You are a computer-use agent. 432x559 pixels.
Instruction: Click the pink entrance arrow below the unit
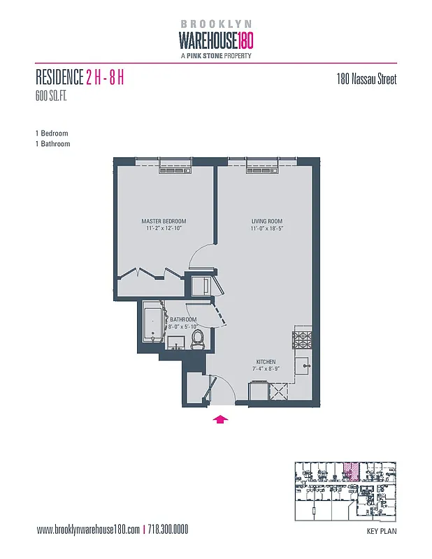coord(221,419)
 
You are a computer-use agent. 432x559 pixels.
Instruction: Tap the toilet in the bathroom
coord(198,340)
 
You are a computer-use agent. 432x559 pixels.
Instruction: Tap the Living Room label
coord(266,222)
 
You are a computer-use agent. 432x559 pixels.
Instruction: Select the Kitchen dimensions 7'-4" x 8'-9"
coord(266,368)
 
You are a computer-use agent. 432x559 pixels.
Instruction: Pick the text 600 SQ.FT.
coord(54,96)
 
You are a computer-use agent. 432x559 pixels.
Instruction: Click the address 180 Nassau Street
coord(366,80)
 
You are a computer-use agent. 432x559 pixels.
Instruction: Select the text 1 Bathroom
coord(52,144)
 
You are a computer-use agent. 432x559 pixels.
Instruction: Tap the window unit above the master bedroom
coord(171,166)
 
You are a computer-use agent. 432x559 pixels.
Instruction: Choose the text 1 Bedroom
coord(51,133)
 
